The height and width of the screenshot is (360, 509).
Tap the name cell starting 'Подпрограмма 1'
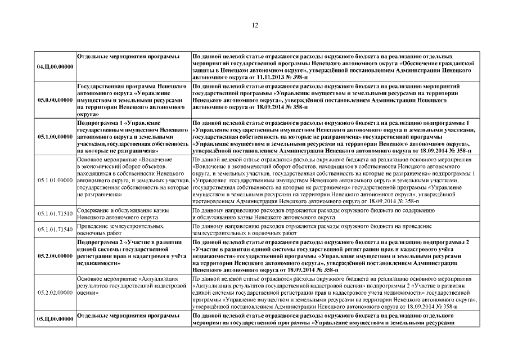(x=132, y=136)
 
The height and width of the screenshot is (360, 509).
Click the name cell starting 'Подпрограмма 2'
(x=132, y=252)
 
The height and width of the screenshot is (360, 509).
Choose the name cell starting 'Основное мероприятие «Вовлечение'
(x=132, y=177)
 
